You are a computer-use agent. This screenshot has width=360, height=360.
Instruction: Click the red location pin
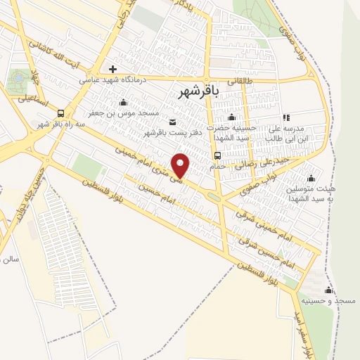[181, 165]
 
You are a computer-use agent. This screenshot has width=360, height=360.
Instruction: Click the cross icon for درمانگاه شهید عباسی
[112, 69]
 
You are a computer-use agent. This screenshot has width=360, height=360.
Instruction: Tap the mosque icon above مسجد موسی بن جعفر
[124, 103]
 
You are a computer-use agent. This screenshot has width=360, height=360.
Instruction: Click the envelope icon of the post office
[173, 122]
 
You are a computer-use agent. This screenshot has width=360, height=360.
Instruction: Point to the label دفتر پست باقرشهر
[174, 132]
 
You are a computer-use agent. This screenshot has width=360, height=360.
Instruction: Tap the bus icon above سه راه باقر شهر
[61, 112]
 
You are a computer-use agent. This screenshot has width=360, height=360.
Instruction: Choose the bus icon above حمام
[217, 157]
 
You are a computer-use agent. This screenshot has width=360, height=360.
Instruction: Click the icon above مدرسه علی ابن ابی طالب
[285, 118]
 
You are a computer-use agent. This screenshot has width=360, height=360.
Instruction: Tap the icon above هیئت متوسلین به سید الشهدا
[310, 178]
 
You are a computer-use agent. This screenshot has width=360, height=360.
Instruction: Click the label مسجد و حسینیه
[335, 301]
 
